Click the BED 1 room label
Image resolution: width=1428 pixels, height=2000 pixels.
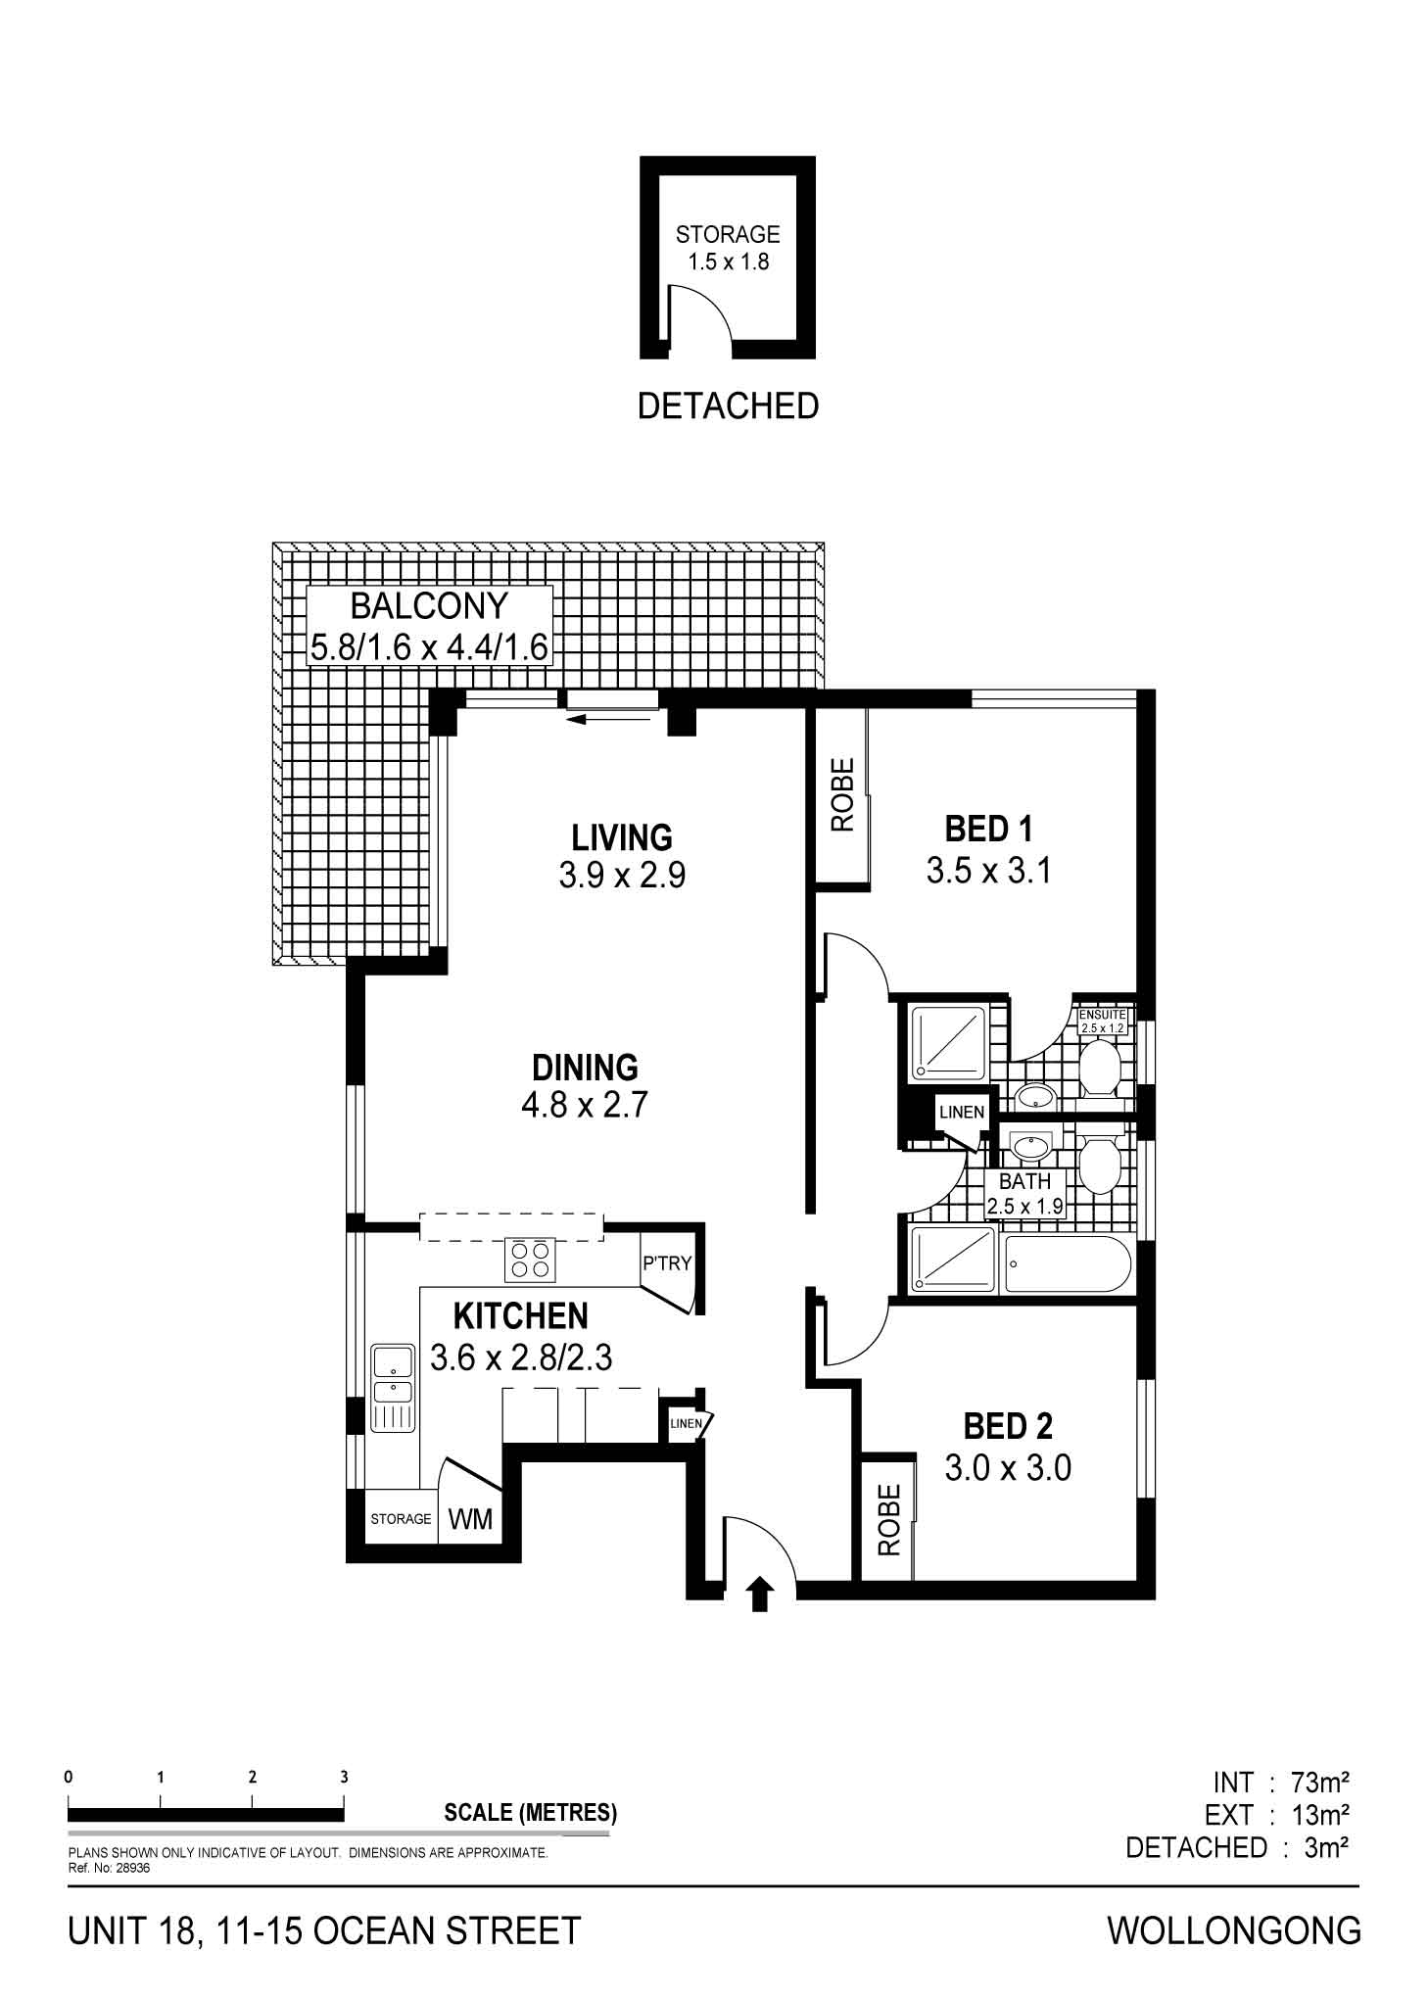pos(987,830)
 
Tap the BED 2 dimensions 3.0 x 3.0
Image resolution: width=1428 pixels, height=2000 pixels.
pos(1008,1468)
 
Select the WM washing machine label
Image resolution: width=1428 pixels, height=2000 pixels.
pos(470,1519)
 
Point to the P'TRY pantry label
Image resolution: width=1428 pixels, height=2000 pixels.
pos(666,1263)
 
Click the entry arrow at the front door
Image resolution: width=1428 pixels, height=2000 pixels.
pos(760,1595)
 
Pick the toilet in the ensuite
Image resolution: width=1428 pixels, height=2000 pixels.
pos(1102,1069)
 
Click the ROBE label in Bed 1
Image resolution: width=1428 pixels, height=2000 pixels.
pos(842,795)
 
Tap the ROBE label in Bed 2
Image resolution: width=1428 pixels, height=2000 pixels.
pos(888,1520)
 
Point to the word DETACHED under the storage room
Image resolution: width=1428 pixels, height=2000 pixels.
pos(728,405)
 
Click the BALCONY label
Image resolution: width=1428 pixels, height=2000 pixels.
pos(429,606)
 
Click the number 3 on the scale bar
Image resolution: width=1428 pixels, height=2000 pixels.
pos(344,1777)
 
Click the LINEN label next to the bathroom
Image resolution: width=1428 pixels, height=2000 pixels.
pos(961,1113)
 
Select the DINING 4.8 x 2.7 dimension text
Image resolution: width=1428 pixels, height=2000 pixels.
pos(585,1106)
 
